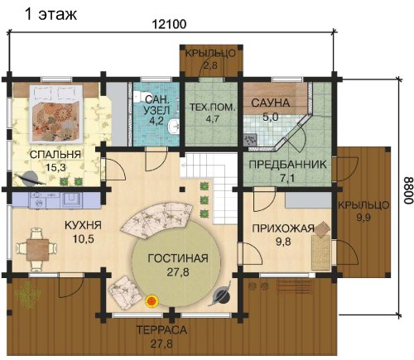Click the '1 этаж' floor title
pyautogui.click(x=51, y=14)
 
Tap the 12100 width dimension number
pyautogui.click(x=169, y=24)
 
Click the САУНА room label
pyautogui.click(x=270, y=103)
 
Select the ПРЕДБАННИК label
pyautogui.click(x=287, y=165)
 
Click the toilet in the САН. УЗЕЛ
pyautogui.click(x=137, y=97)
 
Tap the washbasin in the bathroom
pyautogui.click(x=173, y=127)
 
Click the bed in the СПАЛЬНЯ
pyautogui.click(x=56, y=113)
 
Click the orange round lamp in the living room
pyautogui.click(x=152, y=300)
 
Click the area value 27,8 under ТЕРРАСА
pyautogui.click(x=161, y=343)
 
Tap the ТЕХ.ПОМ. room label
pyautogui.click(x=212, y=107)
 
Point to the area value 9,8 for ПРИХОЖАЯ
pyautogui.click(x=283, y=242)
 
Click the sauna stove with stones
pyautogui.click(x=250, y=140)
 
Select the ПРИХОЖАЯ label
pyautogui.click(x=283, y=228)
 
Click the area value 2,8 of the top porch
pyautogui.click(x=210, y=65)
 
